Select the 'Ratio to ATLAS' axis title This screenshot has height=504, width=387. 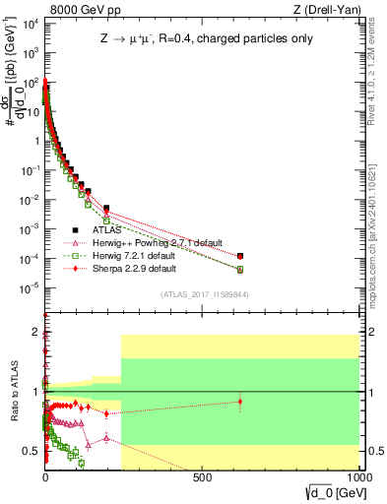click(x=14, y=392)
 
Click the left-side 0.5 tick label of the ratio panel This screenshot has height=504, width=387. click(x=30, y=452)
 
